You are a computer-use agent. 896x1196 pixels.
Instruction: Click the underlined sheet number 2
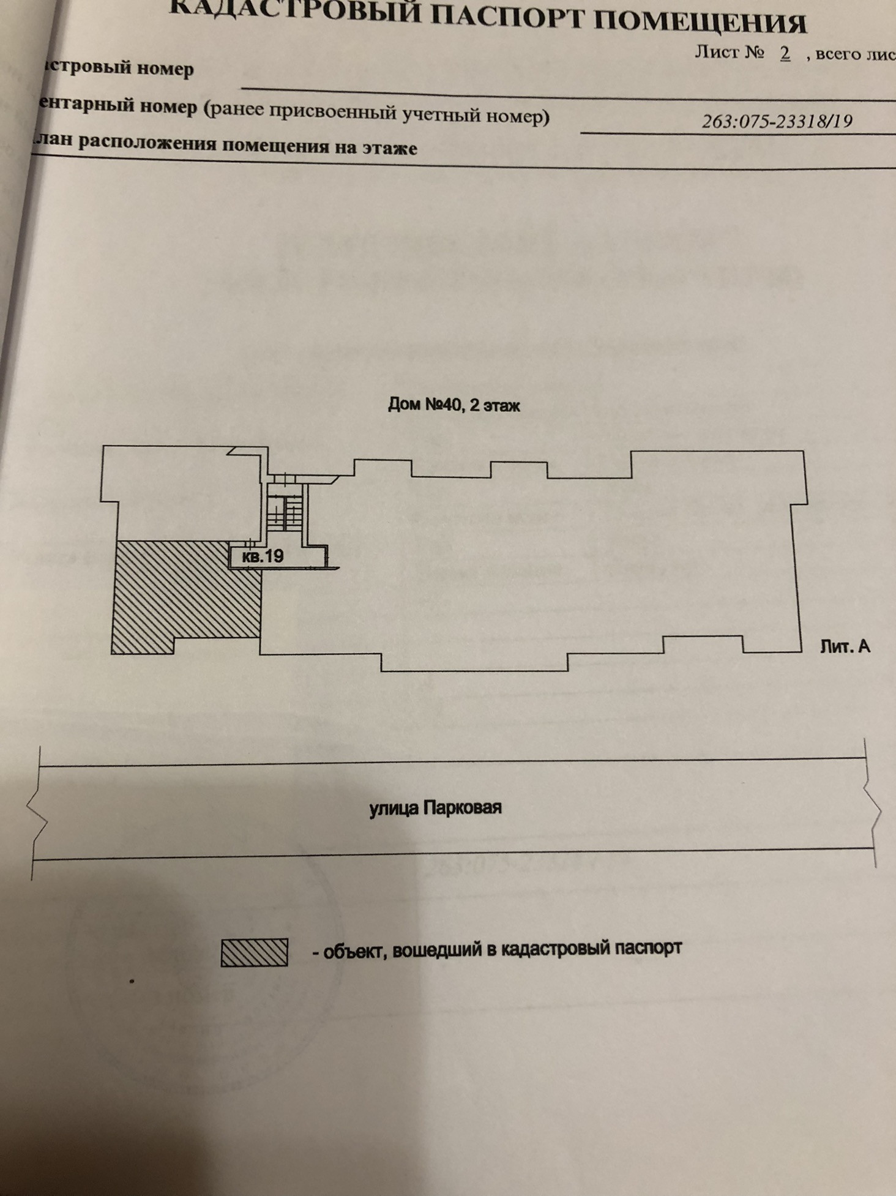click(x=785, y=53)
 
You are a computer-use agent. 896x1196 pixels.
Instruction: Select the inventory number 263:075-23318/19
click(x=777, y=121)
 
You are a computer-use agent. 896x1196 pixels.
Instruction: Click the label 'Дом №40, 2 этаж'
click(x=454, y=405)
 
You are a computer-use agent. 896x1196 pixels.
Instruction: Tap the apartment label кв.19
click(x=263, y=556)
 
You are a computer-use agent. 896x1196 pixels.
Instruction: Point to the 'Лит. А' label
click(x=845, y=646)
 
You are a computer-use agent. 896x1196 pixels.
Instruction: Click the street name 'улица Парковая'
click(x=435, y=808)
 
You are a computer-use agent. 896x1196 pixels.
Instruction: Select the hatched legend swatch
click(x=254, y=952)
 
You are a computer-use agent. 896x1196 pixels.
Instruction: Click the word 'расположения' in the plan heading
click(x=147, y=143)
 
